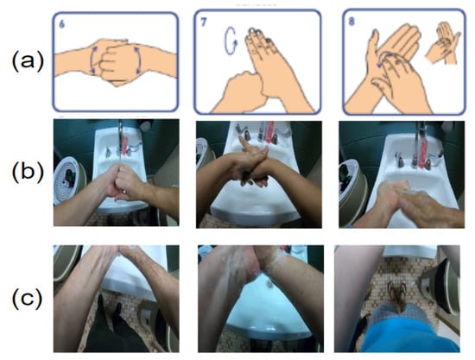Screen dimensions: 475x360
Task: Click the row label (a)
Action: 28,61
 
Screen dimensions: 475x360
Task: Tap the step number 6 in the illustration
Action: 62,24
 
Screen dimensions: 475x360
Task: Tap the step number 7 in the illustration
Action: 203,22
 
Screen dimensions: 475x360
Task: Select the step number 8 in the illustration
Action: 351,22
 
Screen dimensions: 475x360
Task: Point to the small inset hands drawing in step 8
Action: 442,43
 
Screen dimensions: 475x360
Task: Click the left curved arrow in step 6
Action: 92,60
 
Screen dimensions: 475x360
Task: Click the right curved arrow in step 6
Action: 140,60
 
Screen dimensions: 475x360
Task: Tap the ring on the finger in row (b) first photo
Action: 124,192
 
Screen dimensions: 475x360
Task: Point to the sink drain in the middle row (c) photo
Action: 269,283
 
